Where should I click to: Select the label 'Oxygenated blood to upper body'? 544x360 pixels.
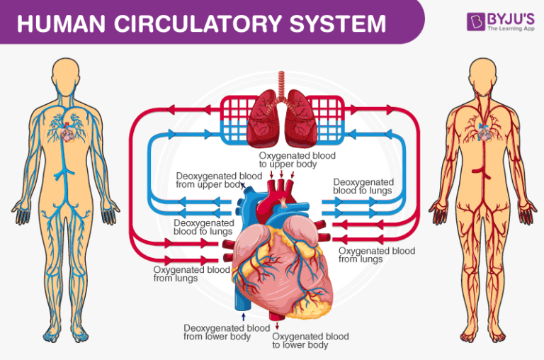[297, 159]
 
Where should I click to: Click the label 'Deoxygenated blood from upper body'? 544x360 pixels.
[210, 179]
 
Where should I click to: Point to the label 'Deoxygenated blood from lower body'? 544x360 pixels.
[226, 332]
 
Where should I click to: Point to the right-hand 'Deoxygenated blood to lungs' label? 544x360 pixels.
[363, 186]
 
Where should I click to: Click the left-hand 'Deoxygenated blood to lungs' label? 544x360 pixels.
[203, 227]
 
